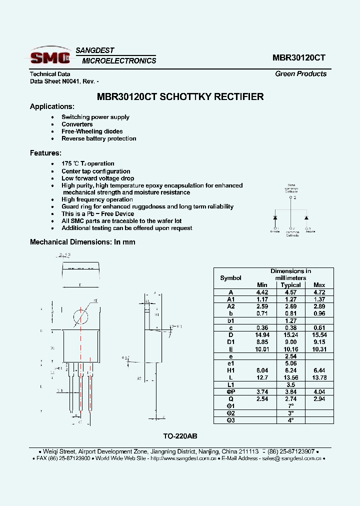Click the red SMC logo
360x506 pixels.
[50, 57]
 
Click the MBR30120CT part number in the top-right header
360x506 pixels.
[298, 57]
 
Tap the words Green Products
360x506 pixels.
[300, 73]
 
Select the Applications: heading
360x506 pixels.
[52, 106]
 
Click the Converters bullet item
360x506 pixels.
[77, 124]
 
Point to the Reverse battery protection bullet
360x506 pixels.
[98, 138]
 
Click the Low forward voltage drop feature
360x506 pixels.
[97, 178]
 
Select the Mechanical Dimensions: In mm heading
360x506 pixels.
[82, 242]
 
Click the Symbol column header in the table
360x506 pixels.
[230, 278]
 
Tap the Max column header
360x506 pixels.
[319, 285]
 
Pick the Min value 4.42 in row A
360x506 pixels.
[262, 292]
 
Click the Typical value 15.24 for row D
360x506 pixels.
[290, 334]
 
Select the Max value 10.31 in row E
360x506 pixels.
[319, 349]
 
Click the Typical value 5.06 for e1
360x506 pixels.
[290, 363]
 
